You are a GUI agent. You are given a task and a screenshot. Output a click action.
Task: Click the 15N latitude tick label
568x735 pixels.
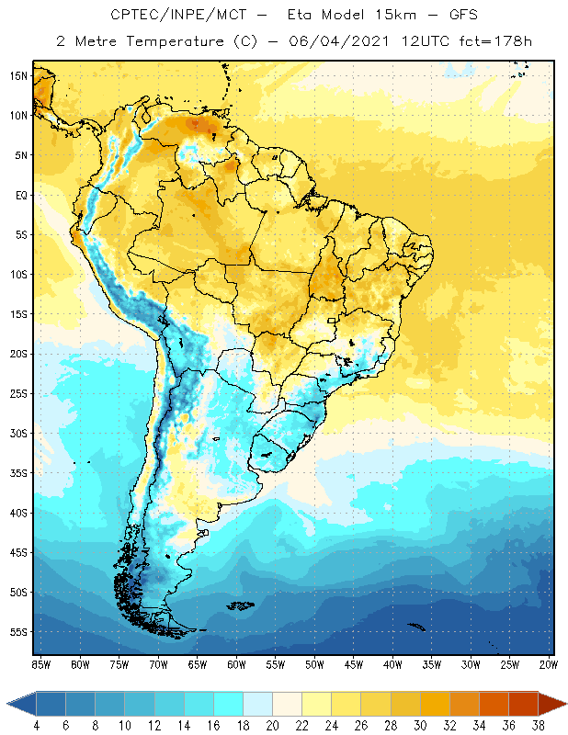tap(18, 75)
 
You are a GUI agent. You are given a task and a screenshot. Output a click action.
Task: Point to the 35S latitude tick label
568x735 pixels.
tap(18, 473)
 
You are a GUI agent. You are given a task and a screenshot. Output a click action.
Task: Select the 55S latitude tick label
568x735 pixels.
tap(18, 632)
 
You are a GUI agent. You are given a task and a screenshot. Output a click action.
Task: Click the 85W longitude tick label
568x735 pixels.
tap(40, 664)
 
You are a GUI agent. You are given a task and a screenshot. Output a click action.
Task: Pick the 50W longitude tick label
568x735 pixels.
tap(314, 664)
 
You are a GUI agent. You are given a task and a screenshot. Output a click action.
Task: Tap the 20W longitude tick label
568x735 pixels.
tap(549, 664)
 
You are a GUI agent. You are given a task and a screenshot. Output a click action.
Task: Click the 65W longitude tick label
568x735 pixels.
tap(197, 664)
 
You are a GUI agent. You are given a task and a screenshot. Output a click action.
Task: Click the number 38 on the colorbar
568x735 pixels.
tap(538, 726)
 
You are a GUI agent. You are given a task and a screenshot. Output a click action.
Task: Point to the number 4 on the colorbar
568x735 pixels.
tap(36, 726)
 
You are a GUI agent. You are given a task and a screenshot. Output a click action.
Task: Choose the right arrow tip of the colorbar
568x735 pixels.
tap(565, 704)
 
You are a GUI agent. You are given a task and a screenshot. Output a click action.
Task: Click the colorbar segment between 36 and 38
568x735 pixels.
tap(523, 704)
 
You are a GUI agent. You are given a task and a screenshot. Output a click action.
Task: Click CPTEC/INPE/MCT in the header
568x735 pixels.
tap(171, 16)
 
